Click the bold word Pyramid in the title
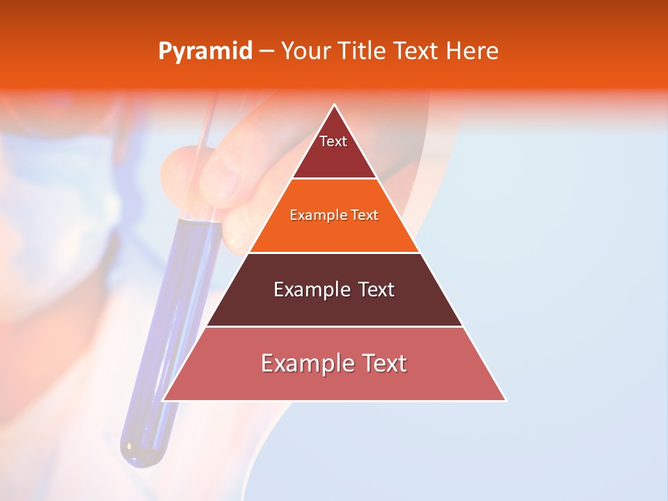(205, 51)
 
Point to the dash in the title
(267, 51)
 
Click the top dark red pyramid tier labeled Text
(333, 150)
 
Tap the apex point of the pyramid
(335, 105)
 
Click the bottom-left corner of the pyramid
(164, 400)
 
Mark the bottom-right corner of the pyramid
(505, 400)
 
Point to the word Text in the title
(417, 51)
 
